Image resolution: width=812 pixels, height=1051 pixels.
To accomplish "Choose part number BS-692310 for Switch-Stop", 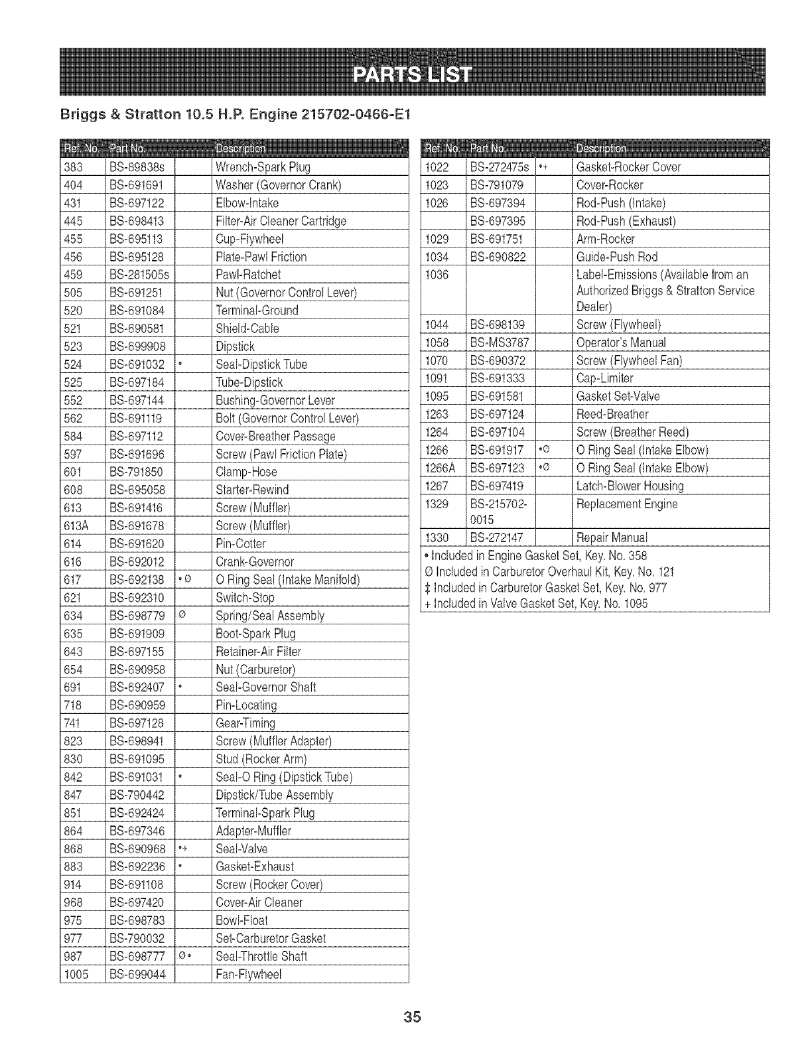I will pyautogui.click(x=137, y=598).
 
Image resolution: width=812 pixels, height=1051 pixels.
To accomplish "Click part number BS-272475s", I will pyautogui.click(x=500, y=167).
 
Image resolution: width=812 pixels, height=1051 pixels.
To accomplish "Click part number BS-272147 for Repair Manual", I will pyautogui.click(x=497, y=537).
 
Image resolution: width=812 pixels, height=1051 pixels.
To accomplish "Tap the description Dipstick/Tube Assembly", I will pyautogui.click(x=275, y=795).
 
